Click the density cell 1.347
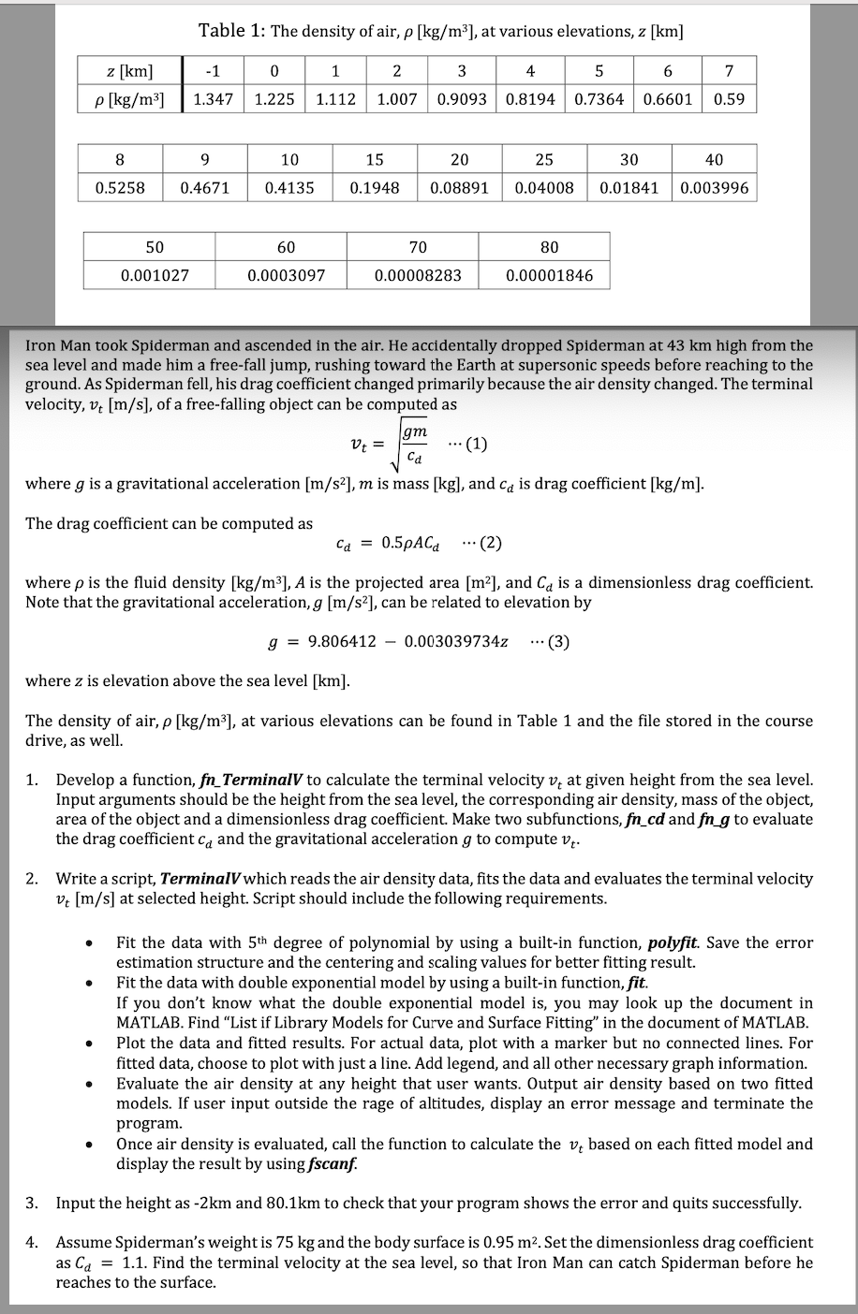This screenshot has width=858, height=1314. [x=213, y=98]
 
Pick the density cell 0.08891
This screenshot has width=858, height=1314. [x=459, y=187]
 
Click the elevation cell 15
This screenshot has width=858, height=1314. [x=375, y=160]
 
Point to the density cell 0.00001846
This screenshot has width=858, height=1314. [x=549, y=275]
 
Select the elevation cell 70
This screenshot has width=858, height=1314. [x=418, y=247]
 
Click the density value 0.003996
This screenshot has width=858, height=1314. [x=715, y=187]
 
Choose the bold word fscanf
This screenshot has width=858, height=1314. [x=332, y=1164]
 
